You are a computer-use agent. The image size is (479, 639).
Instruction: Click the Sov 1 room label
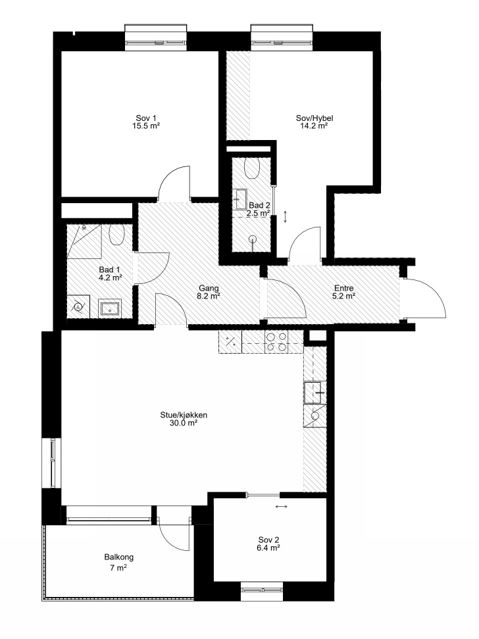[x=145, y=118]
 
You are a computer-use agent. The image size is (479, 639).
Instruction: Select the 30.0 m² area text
[x=184, y=423]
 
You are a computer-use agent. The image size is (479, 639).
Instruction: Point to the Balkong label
[x=118, y=557]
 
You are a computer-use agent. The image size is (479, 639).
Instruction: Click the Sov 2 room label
[x=268, y=540]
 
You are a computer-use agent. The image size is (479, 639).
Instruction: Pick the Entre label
[x=343, y=289]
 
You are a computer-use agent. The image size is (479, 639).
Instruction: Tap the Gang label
[x=209, y=289]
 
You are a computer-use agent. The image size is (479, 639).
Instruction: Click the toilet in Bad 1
[x=116, y=234]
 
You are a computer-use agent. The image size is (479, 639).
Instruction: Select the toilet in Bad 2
[x=253, y=167]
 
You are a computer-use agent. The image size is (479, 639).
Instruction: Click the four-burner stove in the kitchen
[x=276, y=342]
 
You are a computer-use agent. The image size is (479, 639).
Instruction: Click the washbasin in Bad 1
[x=110, y=308]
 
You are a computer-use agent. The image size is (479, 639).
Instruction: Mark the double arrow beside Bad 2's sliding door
[x=285, y=216]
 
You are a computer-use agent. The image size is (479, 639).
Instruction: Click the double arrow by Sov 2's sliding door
[x=281, y=507]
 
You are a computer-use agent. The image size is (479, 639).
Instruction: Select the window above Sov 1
[x=155, y=37]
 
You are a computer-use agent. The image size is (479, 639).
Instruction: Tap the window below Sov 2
[x=261, y=591]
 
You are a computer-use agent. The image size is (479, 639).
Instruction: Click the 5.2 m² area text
[x=343, y=296]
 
